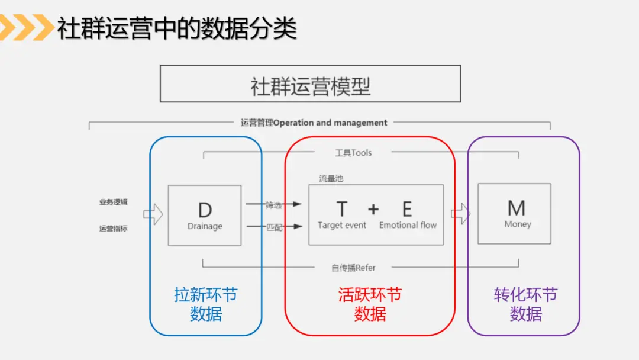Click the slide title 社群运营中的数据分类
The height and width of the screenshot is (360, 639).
(176, 28)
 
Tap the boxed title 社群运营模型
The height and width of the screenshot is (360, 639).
(310, 86)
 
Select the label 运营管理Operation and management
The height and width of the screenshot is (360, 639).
(314, 123)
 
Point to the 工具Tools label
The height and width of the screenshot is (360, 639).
(353, 153)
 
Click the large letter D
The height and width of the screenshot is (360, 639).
(205, 210)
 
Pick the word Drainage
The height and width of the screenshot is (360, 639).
(205, 226)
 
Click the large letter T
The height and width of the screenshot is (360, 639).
(341, 209)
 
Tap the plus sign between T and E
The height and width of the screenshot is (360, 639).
(373, 209)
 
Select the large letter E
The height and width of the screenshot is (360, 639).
(407, 209)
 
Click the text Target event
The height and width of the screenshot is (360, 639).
(342, 225)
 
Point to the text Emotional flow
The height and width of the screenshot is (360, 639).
(408, 225)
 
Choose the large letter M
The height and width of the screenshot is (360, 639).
(517, 208)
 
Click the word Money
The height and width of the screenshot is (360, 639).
(518, 224)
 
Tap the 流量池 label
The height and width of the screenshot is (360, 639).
(331, 178)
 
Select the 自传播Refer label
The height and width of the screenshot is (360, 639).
(353, 268)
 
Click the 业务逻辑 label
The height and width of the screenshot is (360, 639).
(113, 202)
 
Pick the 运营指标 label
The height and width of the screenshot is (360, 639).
(113, 228)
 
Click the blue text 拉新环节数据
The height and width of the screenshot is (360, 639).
(205, 304)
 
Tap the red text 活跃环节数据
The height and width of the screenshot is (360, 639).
(370, 304)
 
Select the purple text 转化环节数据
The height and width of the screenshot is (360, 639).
(525, 304)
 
